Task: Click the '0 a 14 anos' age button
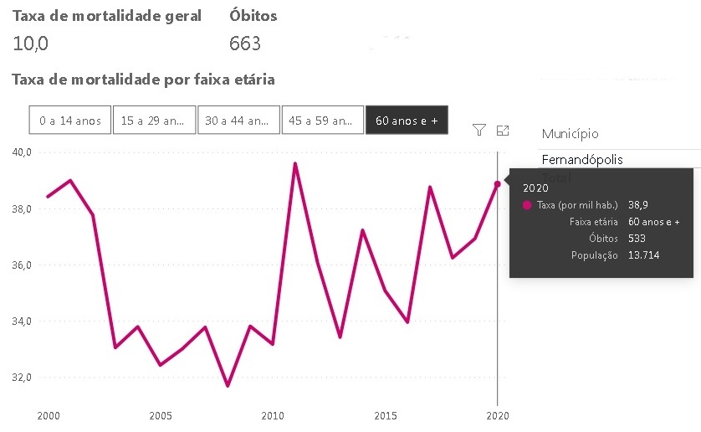pos(70,121)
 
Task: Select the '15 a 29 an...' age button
pos(154,121)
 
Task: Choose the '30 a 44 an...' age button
pos(238,121)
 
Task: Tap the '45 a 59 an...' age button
pos(323,121)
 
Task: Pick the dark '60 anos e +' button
pos(407,121)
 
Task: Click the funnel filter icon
pos(479,130)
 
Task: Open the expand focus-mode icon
pos(503,130)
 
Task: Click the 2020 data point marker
pos(498,184)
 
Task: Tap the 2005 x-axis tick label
pos(161,415)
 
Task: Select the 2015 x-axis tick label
pos(386,415)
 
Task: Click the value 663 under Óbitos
pos(245,44)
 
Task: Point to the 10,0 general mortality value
pos(30,44)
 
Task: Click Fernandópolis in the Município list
pos(582,159)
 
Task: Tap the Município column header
pos(570,134)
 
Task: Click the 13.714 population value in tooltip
pos(643,255)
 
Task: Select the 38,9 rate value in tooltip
pos(639,205)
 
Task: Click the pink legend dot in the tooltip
pos(527,205)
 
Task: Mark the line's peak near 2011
pos(295,164)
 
